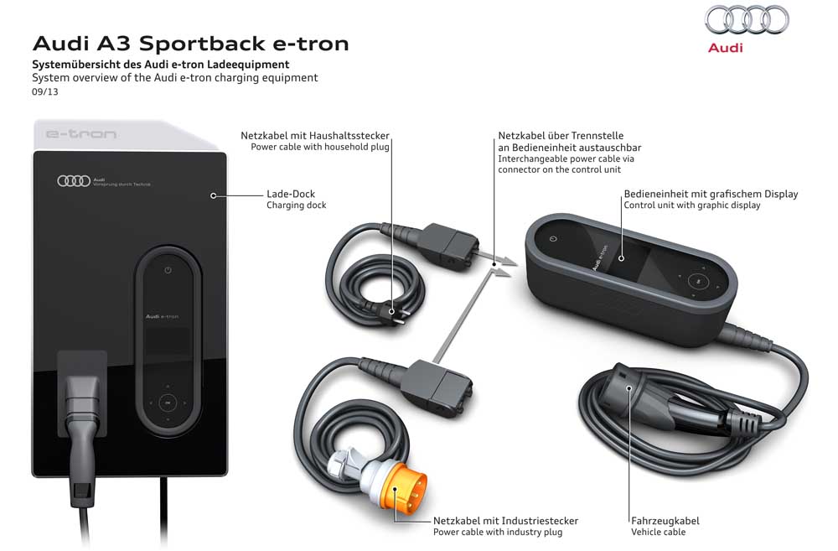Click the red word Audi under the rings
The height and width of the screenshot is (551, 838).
(725, 48)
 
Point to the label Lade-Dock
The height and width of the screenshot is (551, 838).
(290, 194)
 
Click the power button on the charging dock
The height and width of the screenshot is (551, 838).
(168, 270)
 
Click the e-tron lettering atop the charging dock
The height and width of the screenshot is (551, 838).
(80, 134)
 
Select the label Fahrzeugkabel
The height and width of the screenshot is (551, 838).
(665, 521)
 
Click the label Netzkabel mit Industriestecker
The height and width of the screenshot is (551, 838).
(505, 521)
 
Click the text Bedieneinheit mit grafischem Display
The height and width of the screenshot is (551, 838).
(711, 194)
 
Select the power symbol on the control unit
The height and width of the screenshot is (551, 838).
(552, 239)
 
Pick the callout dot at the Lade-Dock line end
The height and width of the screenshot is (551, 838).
(214, 195)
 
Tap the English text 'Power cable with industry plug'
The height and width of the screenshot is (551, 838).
(498, 533)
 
